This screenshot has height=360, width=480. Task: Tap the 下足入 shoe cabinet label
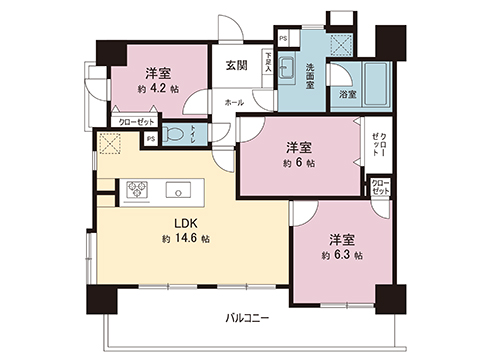click(x=268, y=66)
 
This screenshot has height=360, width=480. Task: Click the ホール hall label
click(x=233, y=102)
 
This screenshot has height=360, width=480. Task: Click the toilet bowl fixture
click(x=176, y=132)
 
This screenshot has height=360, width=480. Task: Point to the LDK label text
click(x=184, y=222)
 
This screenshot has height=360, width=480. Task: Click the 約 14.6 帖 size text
click(x=184, y=239)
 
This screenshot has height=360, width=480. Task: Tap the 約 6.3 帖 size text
click(x=341, y=256)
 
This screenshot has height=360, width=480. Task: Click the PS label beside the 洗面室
click(x=283, y=39)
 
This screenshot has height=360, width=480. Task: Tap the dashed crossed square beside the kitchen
click(x=108, y=144)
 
